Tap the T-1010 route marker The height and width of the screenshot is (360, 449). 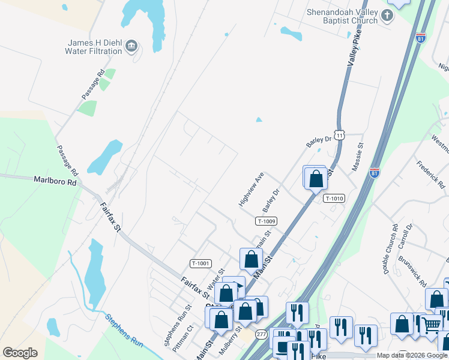(334, 198)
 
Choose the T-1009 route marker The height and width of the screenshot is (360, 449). (267, 221)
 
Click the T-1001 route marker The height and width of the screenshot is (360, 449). (201, 263)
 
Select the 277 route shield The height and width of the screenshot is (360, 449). (261, 334)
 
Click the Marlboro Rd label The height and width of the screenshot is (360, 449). (56, 180)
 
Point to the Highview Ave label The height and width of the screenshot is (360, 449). (252, 190)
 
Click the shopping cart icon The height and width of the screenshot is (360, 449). (430, 325)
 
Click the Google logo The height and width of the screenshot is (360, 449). (20, 353)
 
